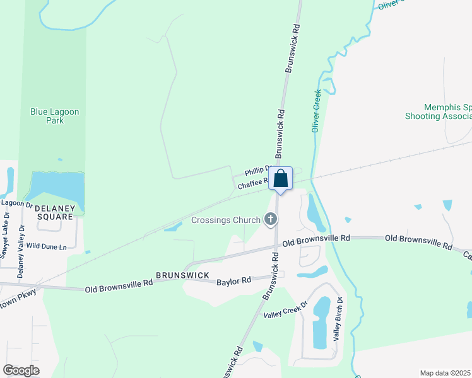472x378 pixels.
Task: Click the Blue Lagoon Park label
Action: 55,116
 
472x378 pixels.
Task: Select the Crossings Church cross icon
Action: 270,219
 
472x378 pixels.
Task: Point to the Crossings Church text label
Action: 226,220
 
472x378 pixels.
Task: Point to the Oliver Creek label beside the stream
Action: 317,110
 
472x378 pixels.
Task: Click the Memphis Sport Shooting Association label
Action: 439,112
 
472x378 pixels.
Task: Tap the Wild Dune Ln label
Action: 47,247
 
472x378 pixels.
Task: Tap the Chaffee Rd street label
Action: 252,184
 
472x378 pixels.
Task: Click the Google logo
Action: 21,370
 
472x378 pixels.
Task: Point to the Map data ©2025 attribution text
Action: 445,373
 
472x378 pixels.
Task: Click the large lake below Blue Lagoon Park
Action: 56,189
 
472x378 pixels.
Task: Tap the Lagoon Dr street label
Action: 16,203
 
